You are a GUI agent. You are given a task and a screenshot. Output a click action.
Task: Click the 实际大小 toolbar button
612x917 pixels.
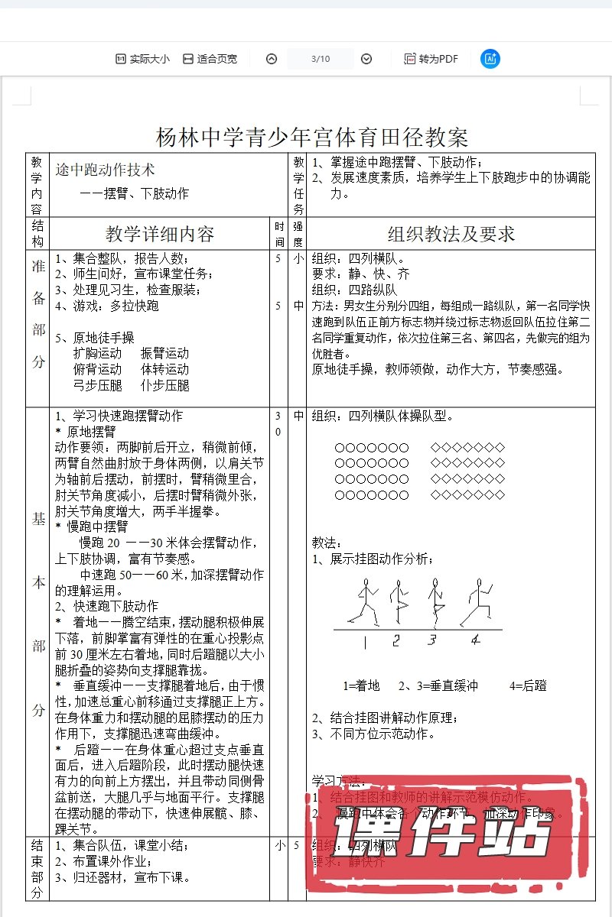[142, 59]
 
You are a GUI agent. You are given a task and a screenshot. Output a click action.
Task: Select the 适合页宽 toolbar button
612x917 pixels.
[210, 59]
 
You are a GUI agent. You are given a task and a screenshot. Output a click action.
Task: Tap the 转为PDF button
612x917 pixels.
[431, 59]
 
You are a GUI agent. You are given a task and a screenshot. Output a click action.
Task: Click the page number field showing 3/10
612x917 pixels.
[321, 59]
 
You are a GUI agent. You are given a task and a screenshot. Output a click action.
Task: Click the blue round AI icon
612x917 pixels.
[490, 59]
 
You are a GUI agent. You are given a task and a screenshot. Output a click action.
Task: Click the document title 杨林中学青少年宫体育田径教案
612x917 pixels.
[311, 138]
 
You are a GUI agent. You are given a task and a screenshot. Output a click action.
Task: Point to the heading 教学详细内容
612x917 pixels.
[160, 234]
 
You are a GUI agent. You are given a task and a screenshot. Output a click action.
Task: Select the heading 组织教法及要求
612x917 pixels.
[451, 234]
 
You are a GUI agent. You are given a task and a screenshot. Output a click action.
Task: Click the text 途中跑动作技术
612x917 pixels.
[106, 169]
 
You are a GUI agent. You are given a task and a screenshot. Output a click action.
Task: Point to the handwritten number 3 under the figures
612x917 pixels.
[432, 640]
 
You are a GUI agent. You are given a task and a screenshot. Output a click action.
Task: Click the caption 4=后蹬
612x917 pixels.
[527, 685]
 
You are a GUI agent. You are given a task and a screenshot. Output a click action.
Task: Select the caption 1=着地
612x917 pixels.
[361, 685]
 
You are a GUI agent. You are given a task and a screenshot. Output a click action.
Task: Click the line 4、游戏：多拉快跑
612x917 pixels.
[107, 306]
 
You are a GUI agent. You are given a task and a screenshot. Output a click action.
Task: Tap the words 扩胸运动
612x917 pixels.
[97, 354]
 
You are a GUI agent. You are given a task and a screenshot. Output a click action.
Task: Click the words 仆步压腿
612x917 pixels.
[164, 386]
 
